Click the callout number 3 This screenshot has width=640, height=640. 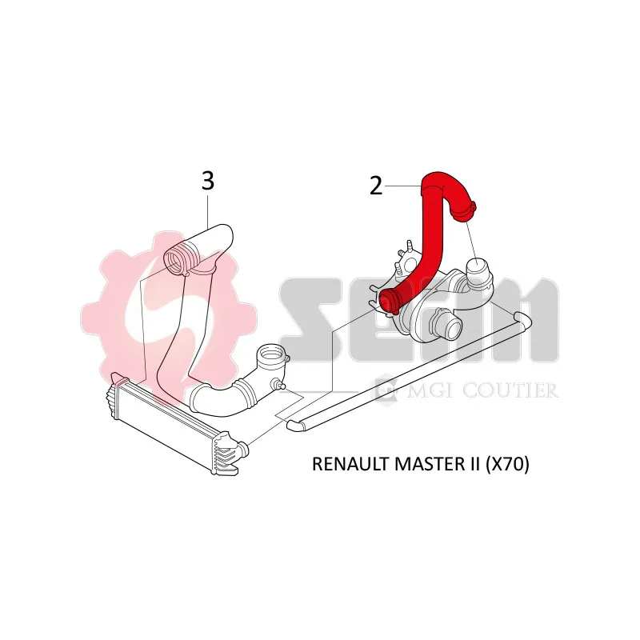(208, 181)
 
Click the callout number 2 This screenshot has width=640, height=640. (376, 186)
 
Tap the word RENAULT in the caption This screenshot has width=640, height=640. (350, 464)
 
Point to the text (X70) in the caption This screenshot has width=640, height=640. (507, 464)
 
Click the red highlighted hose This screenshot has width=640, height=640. (429, 237)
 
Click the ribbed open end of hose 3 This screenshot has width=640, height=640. (176, 258)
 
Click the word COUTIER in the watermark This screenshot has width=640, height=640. (510, 390)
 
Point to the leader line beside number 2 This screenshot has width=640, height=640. (402, 186)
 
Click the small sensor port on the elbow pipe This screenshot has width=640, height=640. (278, 384)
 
